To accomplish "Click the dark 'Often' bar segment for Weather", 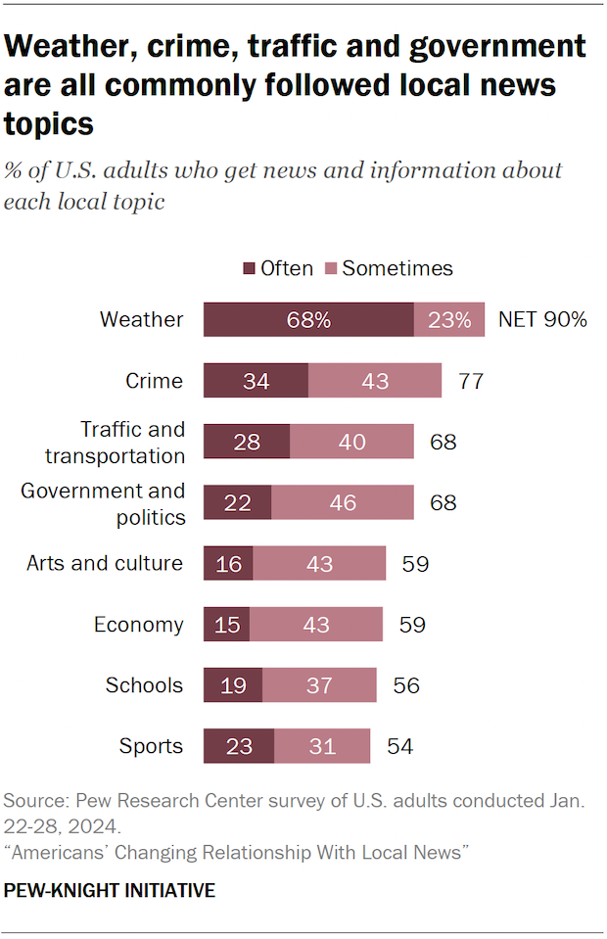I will pos(308,320).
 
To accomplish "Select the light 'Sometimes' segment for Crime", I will pos(375,381).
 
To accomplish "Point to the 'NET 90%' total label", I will pos(542,320).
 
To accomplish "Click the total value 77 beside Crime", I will pos(471,381).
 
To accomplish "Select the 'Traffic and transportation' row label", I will pos(132,442).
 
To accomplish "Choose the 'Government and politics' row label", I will pos(104,503).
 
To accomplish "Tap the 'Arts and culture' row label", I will pos(105,563).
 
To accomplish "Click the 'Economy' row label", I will pos(138,625).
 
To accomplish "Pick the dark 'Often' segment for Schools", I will pos(233,685).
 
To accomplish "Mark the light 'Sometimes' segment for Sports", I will pos(322,746).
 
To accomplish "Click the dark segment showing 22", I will pos(238,503).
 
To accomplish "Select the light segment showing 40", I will pos(352,442).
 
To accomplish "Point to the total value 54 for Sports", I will pos(399,746).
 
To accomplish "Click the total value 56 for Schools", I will pos(405,685).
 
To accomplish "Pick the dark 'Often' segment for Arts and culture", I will pos(228,564).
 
